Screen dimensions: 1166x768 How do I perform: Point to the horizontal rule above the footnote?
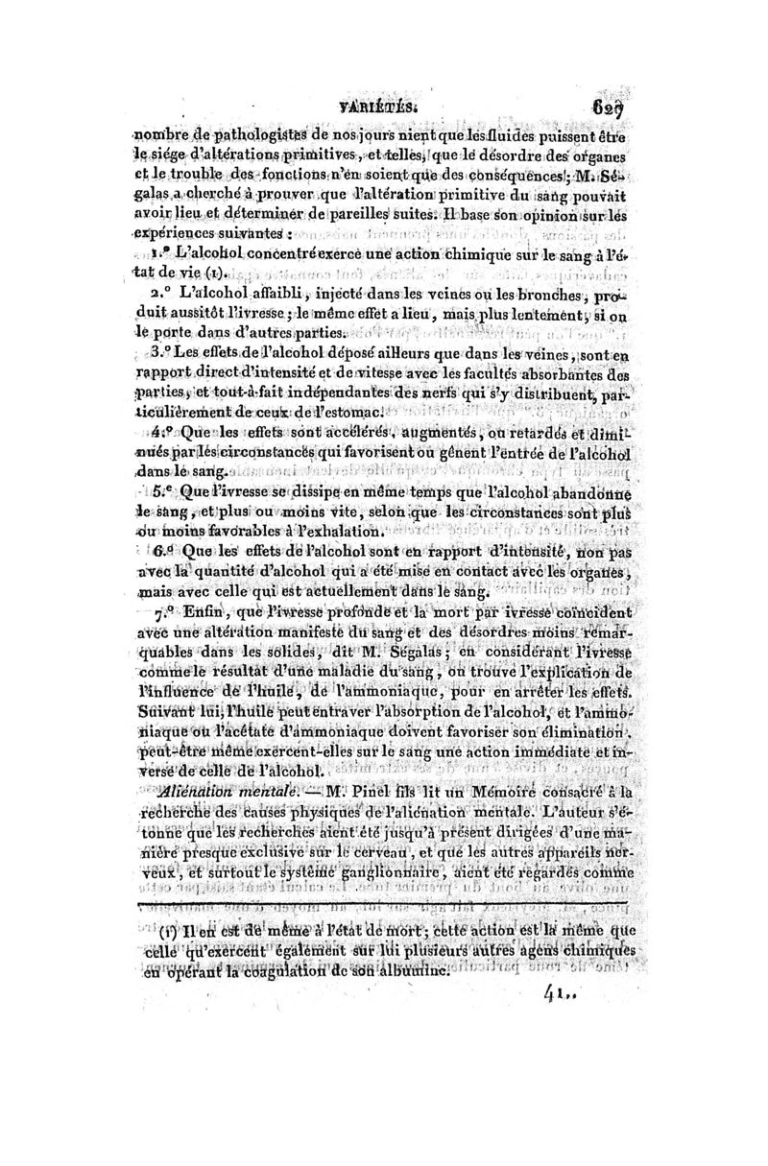point(384,904)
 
